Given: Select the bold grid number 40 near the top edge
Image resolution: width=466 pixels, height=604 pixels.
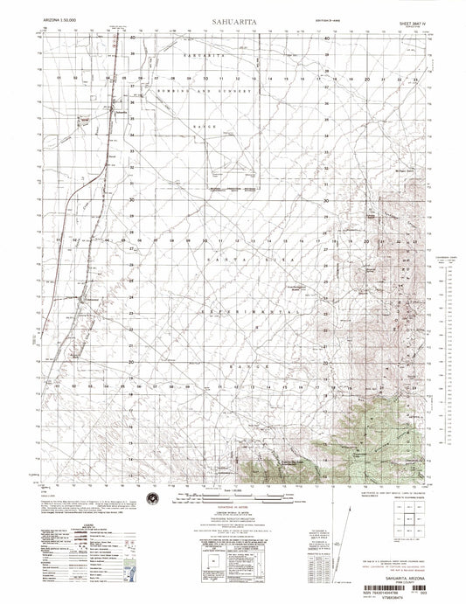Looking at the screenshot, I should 133,39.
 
